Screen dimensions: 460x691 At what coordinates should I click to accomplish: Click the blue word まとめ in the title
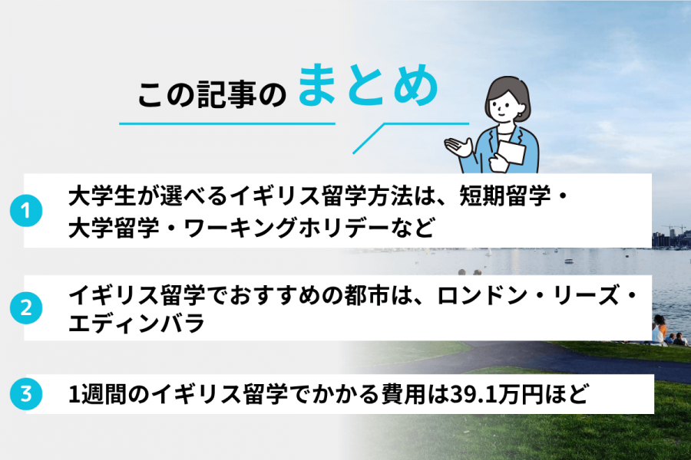tap(368, 88)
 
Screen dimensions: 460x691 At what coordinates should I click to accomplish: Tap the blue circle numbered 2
tap(25, 308)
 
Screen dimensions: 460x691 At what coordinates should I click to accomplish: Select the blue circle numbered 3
tap(25, 395)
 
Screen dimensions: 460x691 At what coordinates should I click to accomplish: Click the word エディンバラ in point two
tap(137, 323)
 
